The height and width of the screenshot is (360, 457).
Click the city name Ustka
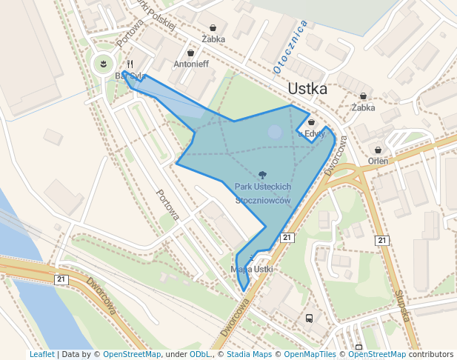(307, 89)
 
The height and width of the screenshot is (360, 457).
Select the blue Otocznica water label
(290, 47)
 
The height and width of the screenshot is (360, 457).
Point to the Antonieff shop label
(191, 64)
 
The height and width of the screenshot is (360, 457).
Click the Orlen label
(378, 161)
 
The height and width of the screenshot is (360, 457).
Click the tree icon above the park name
(262, 175)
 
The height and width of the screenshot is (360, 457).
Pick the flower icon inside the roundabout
(104, 64)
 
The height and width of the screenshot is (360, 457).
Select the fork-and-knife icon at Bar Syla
(130, 64)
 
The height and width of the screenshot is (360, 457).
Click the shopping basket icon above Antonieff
(191, 53)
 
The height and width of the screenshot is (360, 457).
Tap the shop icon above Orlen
(378, 150)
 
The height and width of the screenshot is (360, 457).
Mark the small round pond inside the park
(275, 132)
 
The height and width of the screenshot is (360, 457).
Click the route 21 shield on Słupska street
(381, 240)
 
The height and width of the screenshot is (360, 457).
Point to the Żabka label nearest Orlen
(363, 107)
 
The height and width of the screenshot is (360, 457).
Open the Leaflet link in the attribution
(41, 354)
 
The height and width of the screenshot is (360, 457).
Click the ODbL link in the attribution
(201, 354)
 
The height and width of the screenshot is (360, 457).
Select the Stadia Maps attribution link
(250, 354)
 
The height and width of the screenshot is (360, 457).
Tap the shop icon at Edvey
(311, 122)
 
